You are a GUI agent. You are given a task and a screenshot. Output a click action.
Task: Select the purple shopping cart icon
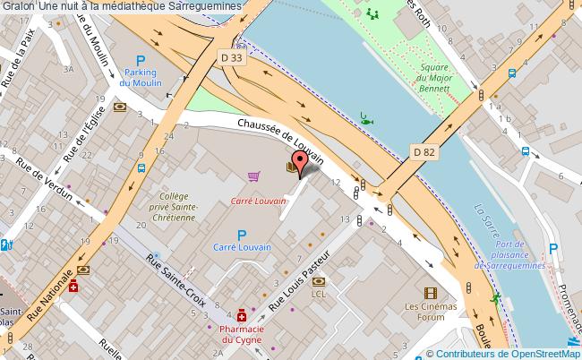(254, 176)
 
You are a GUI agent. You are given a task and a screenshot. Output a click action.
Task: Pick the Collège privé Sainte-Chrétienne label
(179, 207)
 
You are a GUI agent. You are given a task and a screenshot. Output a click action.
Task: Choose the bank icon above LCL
(319, 279)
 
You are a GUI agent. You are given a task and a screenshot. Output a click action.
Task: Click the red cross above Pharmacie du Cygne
(242, 315)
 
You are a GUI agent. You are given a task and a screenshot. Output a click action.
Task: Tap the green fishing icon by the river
(367, 116)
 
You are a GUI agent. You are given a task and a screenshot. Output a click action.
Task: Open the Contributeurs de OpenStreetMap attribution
(509, 353)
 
